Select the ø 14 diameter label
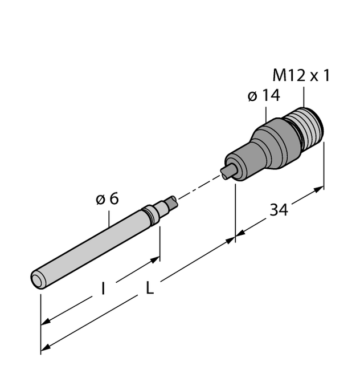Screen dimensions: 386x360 [x=264, y=96]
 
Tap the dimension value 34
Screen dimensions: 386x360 [x=279, y=210]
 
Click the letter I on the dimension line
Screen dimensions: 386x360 [x=103, y=289]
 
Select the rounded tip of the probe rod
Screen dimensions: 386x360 [x=38, y=279]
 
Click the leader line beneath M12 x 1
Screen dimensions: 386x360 [x=304, y=96]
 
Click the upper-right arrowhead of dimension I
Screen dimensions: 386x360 [x=155, y=260]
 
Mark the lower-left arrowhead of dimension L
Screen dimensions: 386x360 [x=46, y=347]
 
